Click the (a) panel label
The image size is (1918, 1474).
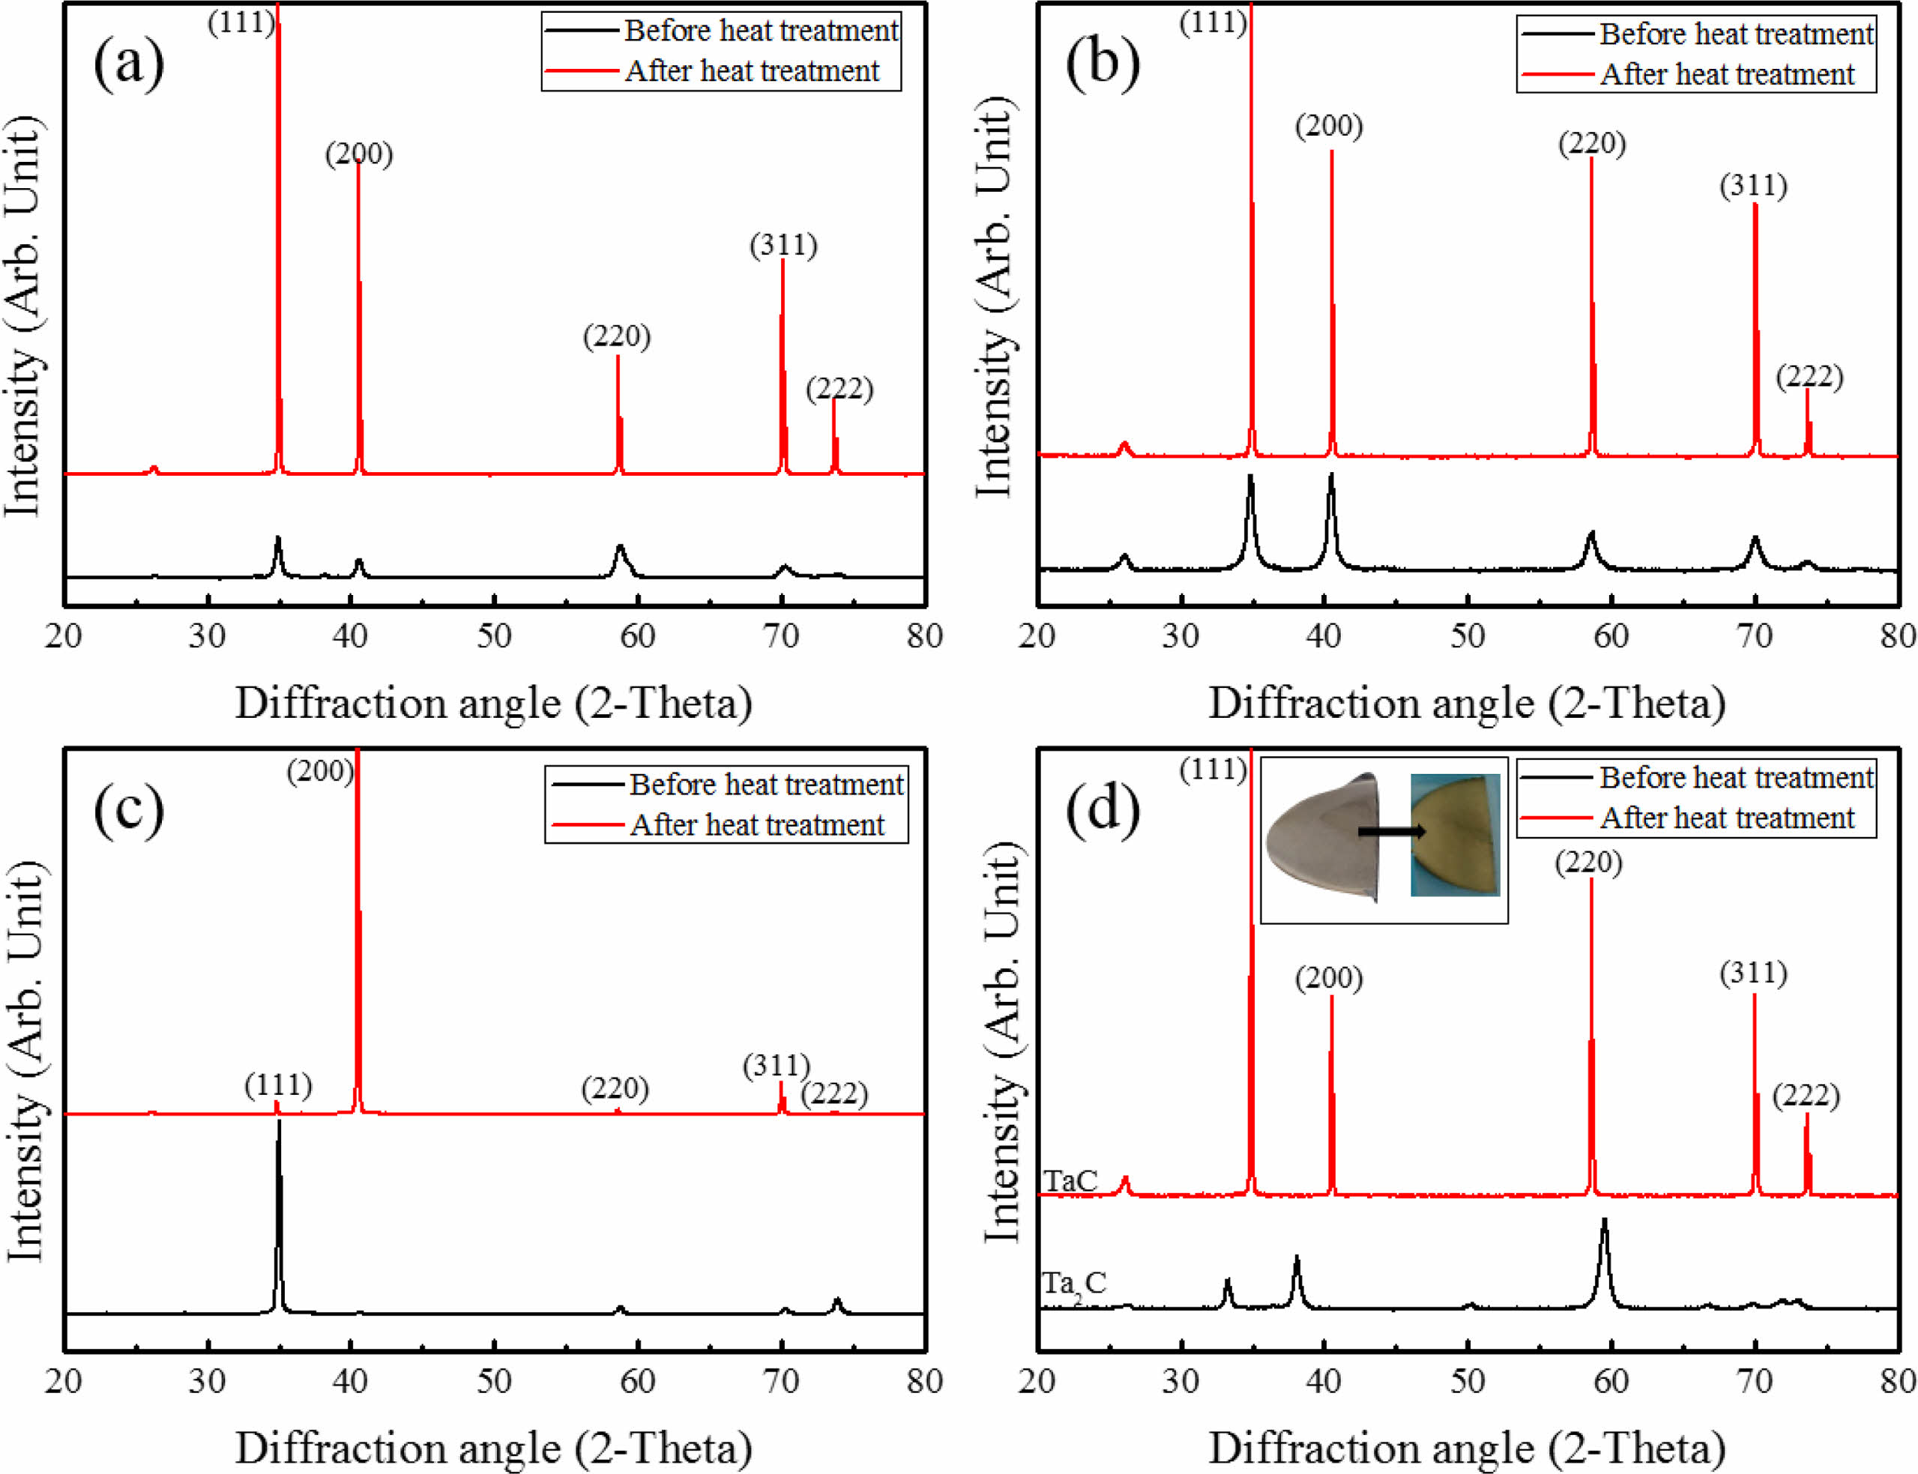pos(128,63)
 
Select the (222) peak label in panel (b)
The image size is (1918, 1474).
pos(1809,376)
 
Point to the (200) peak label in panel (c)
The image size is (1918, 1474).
pos(320,771)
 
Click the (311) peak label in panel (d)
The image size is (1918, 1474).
pos(1753,972)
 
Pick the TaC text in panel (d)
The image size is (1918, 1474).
pos(1070,1181)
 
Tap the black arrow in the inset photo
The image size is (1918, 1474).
pos(1390,831)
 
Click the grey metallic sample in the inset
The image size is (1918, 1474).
pos(1321,838)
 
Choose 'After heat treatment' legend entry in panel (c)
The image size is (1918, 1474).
pos(756,825)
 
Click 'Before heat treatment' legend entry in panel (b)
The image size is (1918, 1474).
pos(1736,34)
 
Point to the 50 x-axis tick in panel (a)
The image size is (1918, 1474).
pos(494,636)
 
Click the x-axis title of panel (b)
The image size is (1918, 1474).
pos(1467,704)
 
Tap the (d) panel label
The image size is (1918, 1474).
pos(1102,807)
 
